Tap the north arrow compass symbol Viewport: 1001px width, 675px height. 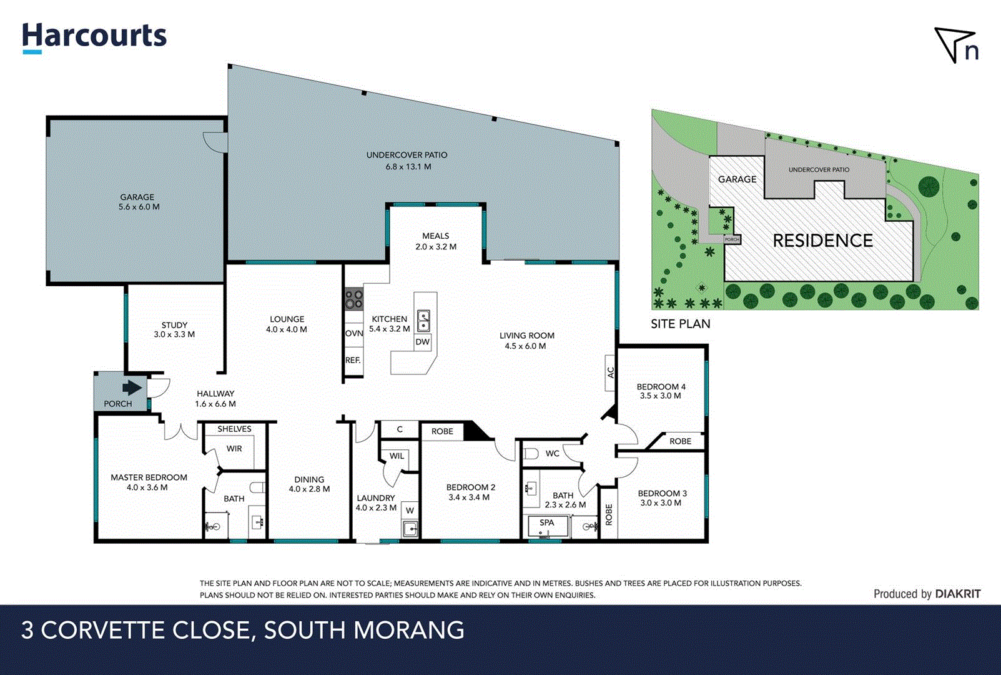click(x=956, y=45)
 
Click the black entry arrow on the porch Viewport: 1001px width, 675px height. click(x=132, y=388)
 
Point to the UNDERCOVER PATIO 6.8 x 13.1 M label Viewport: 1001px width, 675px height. click(x=407, y=161)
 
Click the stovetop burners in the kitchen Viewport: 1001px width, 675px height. click(x=354, y=299)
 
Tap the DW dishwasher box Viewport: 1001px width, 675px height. click(x=423, y=342)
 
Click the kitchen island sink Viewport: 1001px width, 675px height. click(x=423, y=321)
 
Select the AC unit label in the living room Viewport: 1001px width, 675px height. click(x=611, y=372)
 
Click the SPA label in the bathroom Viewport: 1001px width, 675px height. click(x=546, y=522)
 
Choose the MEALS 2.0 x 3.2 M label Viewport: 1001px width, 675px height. click(x=436, y=241)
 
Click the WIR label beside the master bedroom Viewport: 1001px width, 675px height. click(x=234, y=449)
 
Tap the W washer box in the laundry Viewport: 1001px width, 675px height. click(x=410, y=511)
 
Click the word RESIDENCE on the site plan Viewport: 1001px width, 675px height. click(x=822, y=241)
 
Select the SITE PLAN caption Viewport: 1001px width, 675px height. click(x=680, y=324)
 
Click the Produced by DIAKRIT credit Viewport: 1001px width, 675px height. click(x=927, y=594)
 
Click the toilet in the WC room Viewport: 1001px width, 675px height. click(x=531, y=453)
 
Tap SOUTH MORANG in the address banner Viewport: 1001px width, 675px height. click(x=364, y=630)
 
